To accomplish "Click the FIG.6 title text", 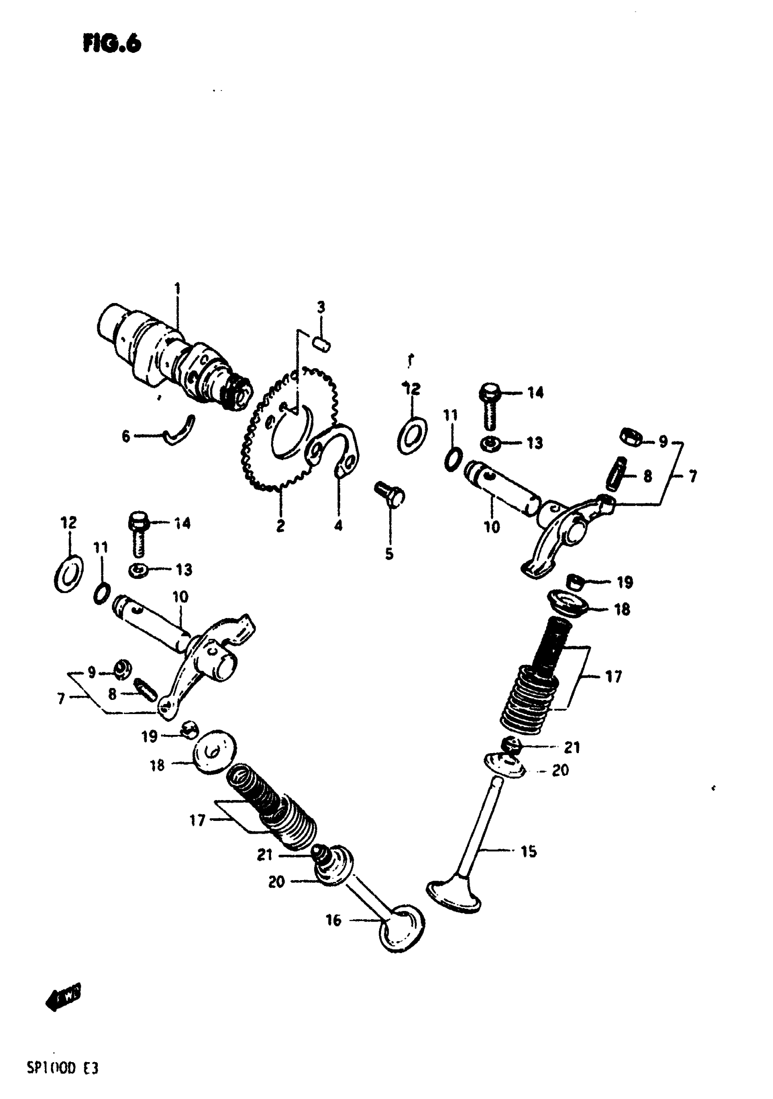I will (112, 44).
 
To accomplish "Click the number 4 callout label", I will (338, 526).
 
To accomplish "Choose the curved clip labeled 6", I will (179, 431).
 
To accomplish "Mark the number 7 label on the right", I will (692, 476).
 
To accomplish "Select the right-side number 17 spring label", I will (613, 676).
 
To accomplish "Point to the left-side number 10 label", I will (181, 597).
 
